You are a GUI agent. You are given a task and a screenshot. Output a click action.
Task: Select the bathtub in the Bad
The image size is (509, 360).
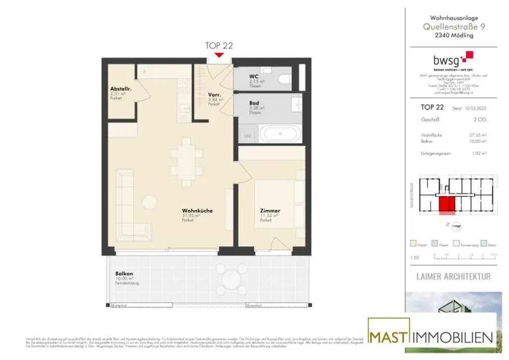pyautogui.click(x=281, y=134)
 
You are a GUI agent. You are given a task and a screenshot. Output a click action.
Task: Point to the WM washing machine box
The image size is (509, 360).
pyautogui.click(x=247, y=135)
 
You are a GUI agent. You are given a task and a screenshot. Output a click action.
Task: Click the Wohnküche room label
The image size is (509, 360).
pyautogui.click(x=197, y=211)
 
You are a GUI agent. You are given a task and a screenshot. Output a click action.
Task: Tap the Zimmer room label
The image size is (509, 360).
pyautogui.click(x=270, y=211)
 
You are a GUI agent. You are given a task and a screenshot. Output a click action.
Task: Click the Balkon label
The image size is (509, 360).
pyautogui.click(x=124, y=273)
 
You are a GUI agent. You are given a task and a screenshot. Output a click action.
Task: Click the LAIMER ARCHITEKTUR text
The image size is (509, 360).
pyautogui.click(x=452, y=276)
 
